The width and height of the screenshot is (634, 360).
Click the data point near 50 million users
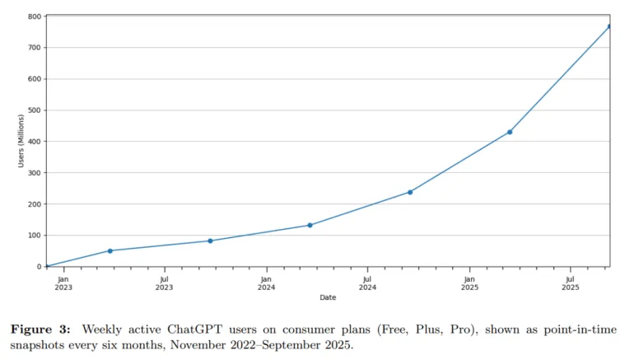[x=110, y=250]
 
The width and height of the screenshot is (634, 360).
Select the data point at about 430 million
[x=510, y=132]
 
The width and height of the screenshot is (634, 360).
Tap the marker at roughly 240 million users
[x=410, y=192]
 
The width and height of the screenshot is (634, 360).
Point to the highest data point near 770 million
[x=609, y=26]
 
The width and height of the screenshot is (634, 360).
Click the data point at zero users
[x=47, y=266]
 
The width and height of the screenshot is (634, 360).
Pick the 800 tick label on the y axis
[x=34, y=16]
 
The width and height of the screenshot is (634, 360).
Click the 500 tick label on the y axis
[x=34, y=110]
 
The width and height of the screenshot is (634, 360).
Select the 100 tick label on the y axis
[x=34, y=236]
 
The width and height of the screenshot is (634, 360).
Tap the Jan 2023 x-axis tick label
[x=63, y=283]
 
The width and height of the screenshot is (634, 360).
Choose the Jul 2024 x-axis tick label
[x=367, y=283]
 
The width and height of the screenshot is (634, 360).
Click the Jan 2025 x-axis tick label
[x=469, y=283]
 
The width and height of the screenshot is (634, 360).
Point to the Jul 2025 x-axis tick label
[x=571, y=283]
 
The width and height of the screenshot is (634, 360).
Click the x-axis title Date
[x=328, y=297]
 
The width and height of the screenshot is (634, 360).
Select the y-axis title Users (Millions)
[x=21, y=141]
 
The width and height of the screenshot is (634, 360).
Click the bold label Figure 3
[x=40, y=330]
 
